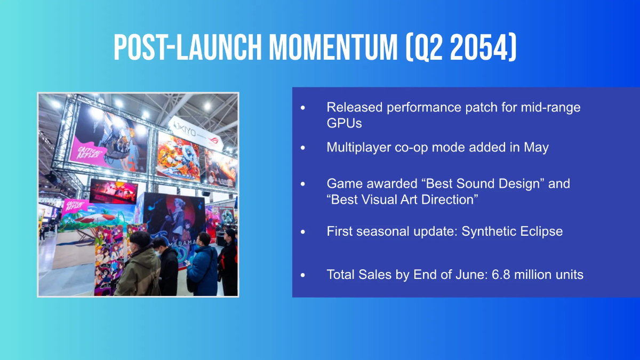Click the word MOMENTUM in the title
[333, 47]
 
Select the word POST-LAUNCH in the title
[187, 47]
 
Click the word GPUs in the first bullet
[345, 123]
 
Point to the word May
[536, 148]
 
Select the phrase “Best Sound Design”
[483, 183]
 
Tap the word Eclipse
[541, 231]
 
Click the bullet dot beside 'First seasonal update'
[303, 231]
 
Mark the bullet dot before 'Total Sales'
[303, 275]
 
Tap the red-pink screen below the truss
[114, 191]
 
